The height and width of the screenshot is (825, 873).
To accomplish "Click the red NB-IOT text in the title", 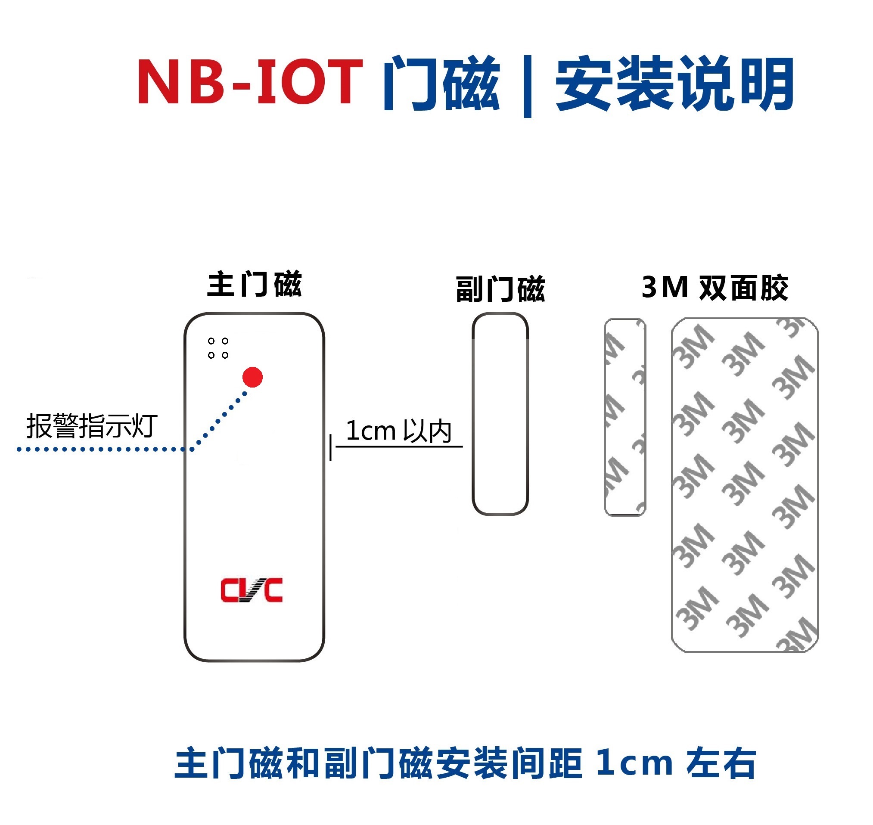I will pyautogui.click(x=250, y=82).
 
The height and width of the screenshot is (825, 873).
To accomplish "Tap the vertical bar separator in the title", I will pyautogui.click(x=528, y=86).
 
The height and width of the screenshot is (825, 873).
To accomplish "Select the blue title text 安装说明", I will pyautogui.click(x=674, y=84).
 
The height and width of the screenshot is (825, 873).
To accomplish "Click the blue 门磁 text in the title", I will pyautogui.click(x=441, y=84).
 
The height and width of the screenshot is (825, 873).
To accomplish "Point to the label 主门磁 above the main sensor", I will pyautogui.click(x=254, y=285).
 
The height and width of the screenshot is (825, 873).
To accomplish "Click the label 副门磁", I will pyautogui.click(x=500, y=289).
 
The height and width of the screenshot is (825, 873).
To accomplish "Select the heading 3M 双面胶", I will pyautogui.click(x=715, y=288).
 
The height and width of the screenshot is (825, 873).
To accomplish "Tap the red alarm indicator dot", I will pyautogui.click(x=252, y=377).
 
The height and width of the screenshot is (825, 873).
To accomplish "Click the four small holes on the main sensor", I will pyautogui.click(x=218, y=348).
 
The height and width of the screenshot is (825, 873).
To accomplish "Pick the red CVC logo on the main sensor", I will pyautogui.click(x=252, y=590).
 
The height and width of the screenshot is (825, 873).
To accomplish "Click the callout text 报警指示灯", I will pyautogui.click(x=92, y=426).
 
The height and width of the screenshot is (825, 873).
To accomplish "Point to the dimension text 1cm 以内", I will pyautogui.click(x=398, y=431).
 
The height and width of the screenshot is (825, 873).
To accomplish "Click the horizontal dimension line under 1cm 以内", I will pyautogui.click(x=399, y=447).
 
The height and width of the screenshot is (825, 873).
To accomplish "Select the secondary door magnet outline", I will pyautogui.click(x=500, y=414).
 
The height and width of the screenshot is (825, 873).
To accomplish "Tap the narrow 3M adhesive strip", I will pyautogui.click(x=625, y=417).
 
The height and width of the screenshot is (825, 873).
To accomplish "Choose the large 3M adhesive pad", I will pyautogui.click(x=745, y=485).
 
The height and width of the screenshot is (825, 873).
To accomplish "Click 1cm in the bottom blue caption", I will pyautogui.click(x=634, y=763).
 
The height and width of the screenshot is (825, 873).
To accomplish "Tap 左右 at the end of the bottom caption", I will pyautogui.click(x=721, y=763).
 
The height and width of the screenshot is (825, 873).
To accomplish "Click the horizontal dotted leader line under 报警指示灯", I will pyautogui.click(x=101, y=450).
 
